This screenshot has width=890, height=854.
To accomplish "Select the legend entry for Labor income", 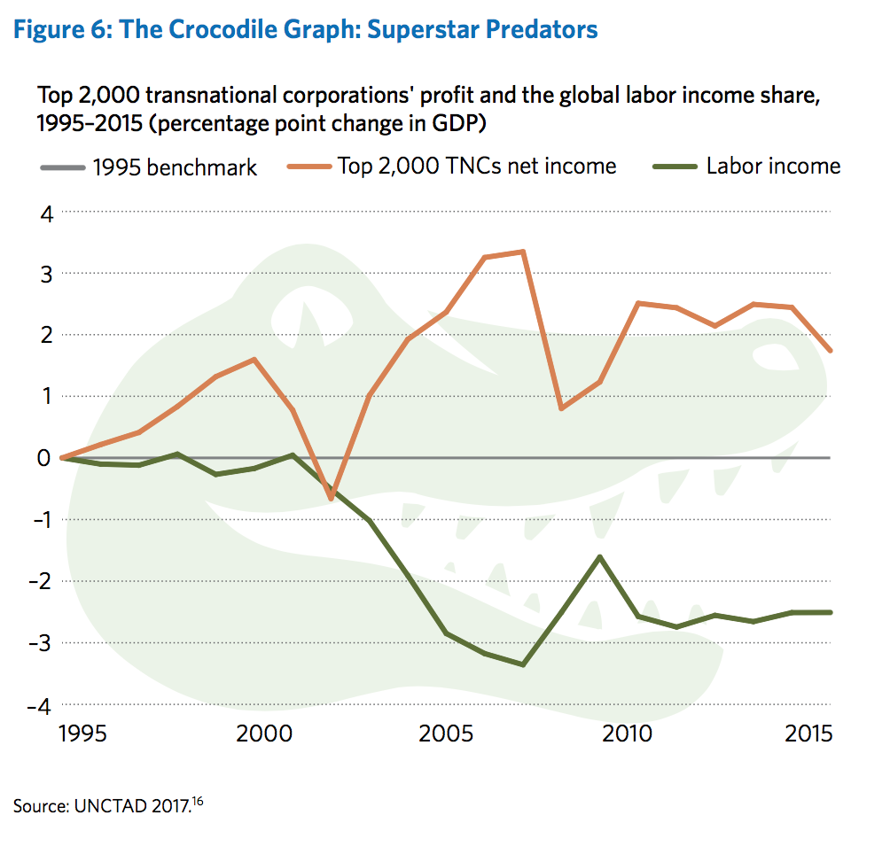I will (772, 166).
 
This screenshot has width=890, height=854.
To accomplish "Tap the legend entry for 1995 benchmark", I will (176, 167).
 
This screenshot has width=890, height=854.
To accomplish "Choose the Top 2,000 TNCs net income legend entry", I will (477, 166).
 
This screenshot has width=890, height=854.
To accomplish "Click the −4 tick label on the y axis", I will (41, 706).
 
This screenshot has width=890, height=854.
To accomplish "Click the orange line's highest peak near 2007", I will (524, 252).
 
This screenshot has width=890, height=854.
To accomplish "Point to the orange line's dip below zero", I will (332, 499).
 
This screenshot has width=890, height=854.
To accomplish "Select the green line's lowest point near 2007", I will (524, 664).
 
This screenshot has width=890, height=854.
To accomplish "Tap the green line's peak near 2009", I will (600, 557).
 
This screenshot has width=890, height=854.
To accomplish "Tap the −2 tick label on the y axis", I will (41, 581).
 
